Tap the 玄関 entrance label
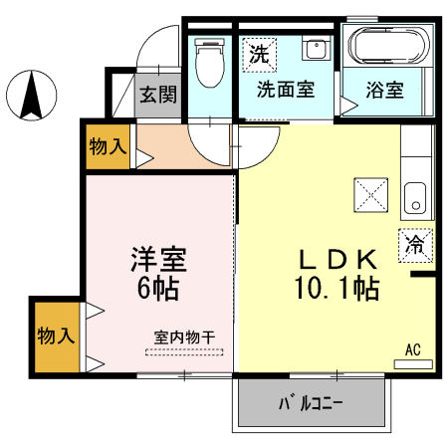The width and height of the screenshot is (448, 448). coord(157,97)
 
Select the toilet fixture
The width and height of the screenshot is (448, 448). coord(209,63)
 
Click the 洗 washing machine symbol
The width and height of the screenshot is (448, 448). coord(259,55)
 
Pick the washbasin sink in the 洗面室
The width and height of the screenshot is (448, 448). coord(317,50)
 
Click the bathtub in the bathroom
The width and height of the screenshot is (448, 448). coord(387,48)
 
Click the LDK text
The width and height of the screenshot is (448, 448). coord(339,260)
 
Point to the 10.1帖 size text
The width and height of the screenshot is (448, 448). coord(335,290)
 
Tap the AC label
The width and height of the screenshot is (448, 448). coord(413,349)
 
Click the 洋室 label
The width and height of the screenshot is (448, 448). coord(158,260)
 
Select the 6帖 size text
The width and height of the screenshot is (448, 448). coord(158,290)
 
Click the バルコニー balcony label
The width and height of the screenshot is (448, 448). coord(310,405)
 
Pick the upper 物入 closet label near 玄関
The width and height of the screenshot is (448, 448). coord(108,147)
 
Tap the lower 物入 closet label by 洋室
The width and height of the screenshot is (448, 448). coord(56,336)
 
